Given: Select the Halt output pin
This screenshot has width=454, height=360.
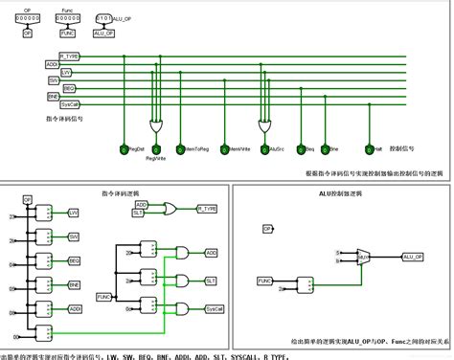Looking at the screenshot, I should [x=368, y=149].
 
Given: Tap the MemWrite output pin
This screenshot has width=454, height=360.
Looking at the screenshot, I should [x=223, y=149].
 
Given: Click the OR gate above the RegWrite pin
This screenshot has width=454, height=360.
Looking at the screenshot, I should [x=156, y=124].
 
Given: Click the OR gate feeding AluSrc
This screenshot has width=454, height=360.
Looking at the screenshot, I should [x=265, y=124].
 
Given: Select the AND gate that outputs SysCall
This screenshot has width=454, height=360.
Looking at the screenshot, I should [x=182, y=309].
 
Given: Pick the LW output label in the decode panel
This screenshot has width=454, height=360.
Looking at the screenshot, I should [x=73, y=213].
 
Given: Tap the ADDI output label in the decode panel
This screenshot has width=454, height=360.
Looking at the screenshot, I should [x=74, y=308].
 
